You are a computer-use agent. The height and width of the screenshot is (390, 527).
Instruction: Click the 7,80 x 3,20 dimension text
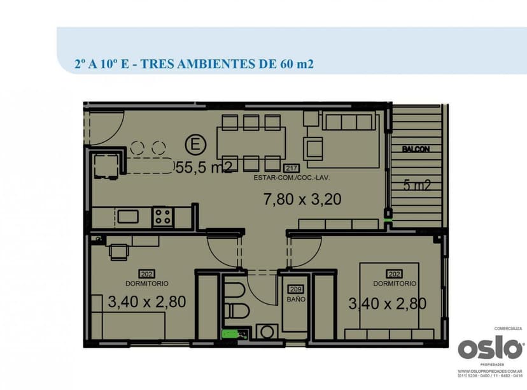click(x=302, y=199)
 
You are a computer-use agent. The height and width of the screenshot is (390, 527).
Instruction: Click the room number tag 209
click(x=295, y=289)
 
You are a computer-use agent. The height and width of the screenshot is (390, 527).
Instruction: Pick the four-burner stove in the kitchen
click(x=162, y=217)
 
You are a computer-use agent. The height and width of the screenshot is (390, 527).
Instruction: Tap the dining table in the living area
click(x=251, y=142)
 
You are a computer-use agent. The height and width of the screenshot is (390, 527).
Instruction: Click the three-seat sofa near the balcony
click(x=347, y=122)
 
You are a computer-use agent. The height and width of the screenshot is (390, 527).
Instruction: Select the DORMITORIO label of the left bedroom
click(x=146, y=284)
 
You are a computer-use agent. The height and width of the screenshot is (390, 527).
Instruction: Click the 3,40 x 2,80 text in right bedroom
click(x=387, y=304)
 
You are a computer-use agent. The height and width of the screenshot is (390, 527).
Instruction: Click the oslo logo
click(x=490, y=349)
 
